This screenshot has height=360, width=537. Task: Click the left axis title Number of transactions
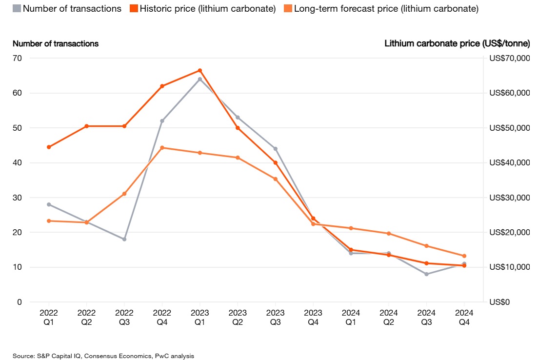coord(56,43)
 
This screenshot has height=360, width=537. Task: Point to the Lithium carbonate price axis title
coord(457,43)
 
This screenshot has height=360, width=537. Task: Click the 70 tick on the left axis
coord(17,58)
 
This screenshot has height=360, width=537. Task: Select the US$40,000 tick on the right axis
coord(509,163)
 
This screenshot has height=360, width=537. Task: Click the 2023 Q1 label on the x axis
coord(200,316)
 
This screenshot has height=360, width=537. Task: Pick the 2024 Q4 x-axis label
coord(464,316)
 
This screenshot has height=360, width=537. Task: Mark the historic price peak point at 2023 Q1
coord(200,70)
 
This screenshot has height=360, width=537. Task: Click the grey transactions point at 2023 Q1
coord(200,79)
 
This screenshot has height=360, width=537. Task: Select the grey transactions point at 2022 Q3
coord(124,239)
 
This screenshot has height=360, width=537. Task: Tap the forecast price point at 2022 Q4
coord(162,147)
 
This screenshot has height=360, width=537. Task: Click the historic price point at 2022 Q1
coord(49,147)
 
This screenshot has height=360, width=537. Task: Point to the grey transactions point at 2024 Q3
coord(426,274)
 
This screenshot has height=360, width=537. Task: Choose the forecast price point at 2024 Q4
coord(464,256)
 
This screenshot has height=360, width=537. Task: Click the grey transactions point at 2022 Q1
coord(49,204)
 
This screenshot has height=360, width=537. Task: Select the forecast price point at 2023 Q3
coord(276,179)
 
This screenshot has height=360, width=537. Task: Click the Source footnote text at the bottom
coord(103,356)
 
